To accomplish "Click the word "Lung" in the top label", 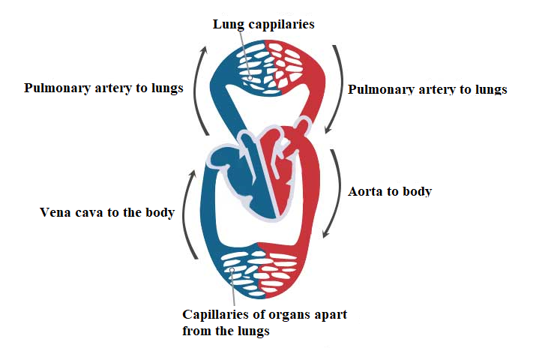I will (227, 24).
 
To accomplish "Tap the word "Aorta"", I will (367, 191).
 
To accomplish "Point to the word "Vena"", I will (55, 212).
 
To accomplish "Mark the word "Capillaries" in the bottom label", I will (218, 313).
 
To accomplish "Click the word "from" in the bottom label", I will (198, 330).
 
